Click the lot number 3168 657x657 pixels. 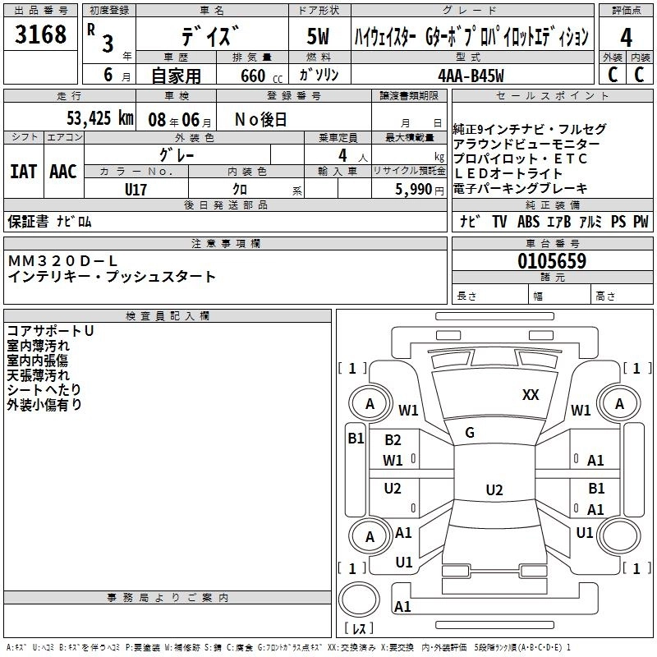tap(40, 35)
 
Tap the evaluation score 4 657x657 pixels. tap(626, 38)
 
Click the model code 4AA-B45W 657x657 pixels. tap(471, 75)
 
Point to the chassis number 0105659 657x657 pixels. tap(552, 261)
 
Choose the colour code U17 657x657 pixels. tap(136, 189)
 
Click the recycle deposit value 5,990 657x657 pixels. tap(413, 189)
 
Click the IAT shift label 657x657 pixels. tap(23, 172)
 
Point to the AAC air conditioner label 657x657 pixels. tap(62, 172)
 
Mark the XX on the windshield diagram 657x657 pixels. tap(531, 395)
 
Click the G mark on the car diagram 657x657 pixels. tap(470, 433)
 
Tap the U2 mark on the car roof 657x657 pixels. tap(494, 490)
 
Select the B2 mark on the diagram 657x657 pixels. tap(393, 440)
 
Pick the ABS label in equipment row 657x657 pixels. tap(528, 222)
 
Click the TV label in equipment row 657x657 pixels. tap(499, 222)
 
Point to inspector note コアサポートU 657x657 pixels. tap(50, 330)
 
